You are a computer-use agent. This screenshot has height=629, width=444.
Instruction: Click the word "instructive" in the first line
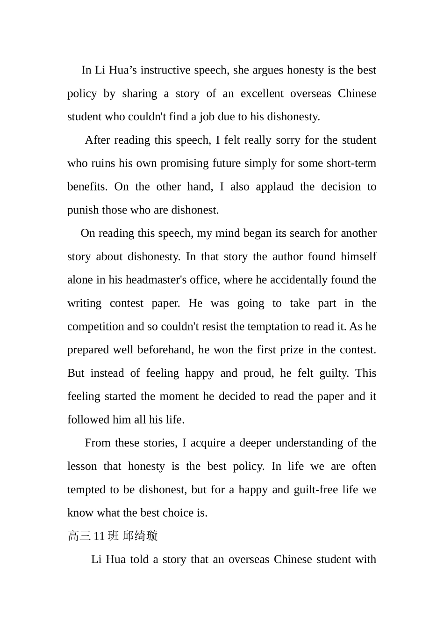[x=165, y=70]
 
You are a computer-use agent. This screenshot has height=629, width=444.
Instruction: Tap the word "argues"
[x=268, y=70]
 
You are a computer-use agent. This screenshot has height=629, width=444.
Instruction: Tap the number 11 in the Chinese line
[x=99, y=536]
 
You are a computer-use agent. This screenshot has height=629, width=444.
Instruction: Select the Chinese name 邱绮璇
[x=140, y=536]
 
